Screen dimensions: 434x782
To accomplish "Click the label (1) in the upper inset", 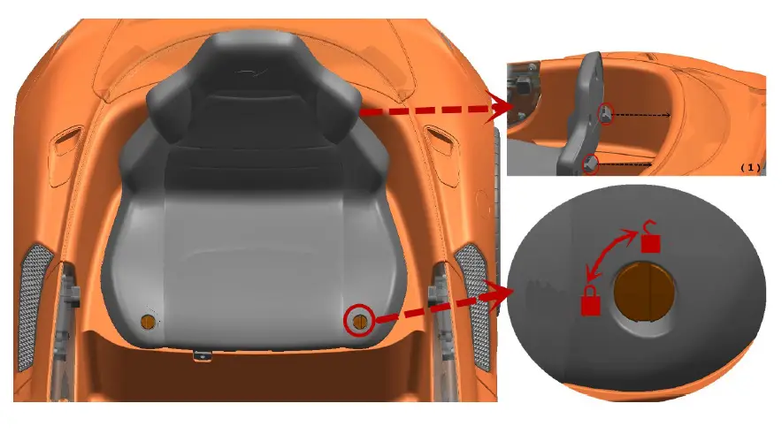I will pyautogui.click(x=749, y=166).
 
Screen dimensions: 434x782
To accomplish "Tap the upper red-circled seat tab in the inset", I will pyautogui.click(x=606, y=113).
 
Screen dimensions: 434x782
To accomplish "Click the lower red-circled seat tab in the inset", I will pyautogui.click(x=591, y=163).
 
